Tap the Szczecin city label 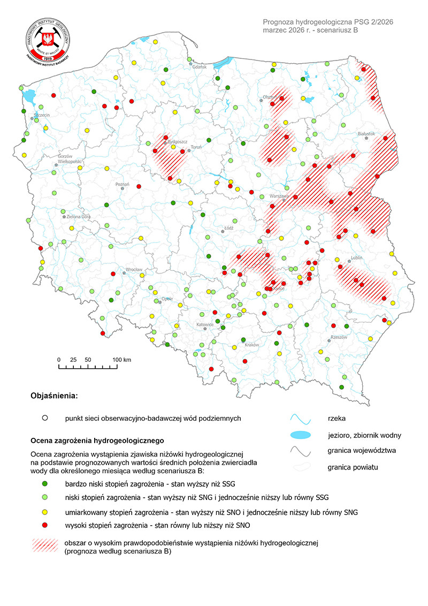click(42, 115)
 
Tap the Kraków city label click(251, 345)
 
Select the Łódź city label click(229, 227)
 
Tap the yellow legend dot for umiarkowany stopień click(45, 512)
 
